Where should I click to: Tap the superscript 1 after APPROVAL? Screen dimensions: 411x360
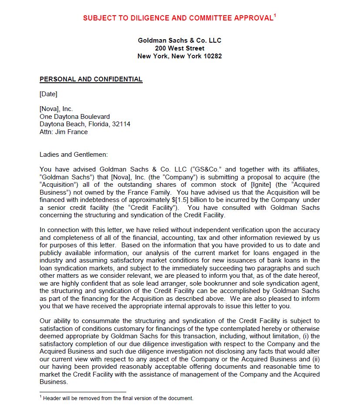pos(275,16)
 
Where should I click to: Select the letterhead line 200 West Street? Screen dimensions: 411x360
pos(179,48)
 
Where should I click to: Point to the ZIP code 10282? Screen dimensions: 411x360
pos(212,56)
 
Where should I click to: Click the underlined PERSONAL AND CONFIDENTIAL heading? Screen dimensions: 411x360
pos(91,79)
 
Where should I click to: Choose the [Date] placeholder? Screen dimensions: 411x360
pos(48,94)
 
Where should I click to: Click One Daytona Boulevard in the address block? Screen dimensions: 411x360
pos(74,117)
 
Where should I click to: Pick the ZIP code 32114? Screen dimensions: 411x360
pos(121,124)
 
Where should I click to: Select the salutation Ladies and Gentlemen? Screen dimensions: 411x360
pos(73,154)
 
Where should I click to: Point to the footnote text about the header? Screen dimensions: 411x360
pos(118,398)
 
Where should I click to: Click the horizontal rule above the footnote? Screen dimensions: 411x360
pos(83,392)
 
